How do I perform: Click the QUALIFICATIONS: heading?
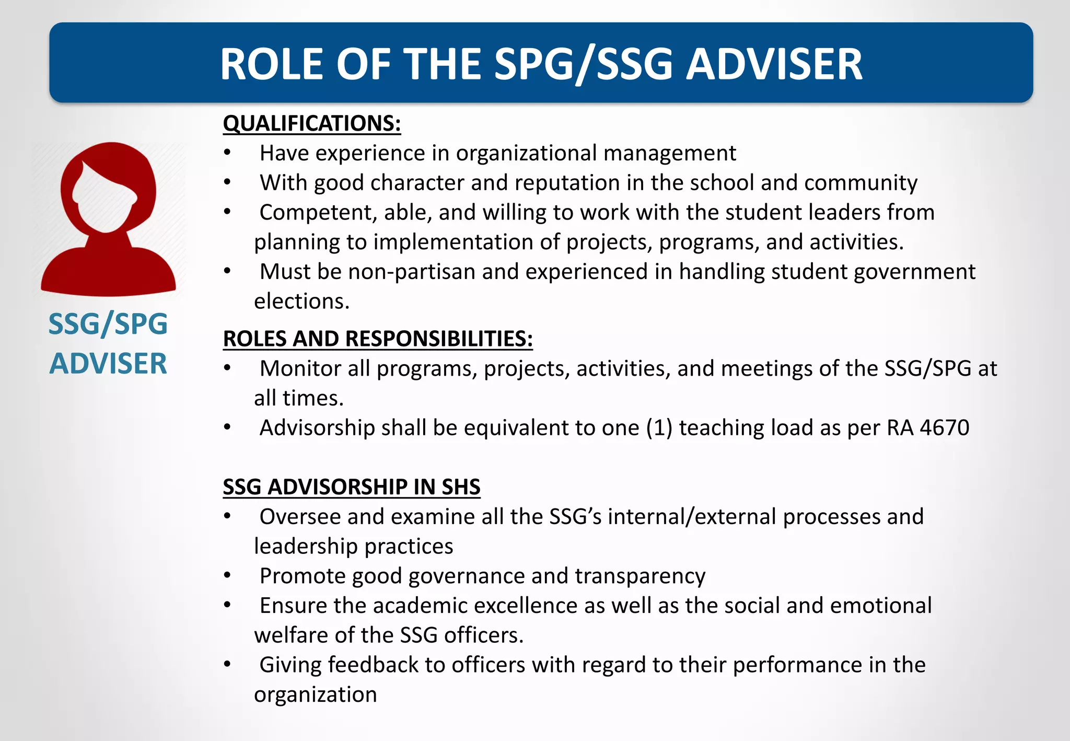311,124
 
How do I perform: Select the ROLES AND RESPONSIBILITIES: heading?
377,339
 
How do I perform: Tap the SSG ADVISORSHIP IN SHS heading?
351,487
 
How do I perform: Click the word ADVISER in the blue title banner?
774,64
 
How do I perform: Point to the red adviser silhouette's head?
108,188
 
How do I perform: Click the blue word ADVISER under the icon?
108,364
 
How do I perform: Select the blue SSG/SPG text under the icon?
108,324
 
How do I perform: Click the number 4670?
944,428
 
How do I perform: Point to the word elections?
301,302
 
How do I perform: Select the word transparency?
640,576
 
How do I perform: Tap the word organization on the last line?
315,694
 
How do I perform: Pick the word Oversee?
300,517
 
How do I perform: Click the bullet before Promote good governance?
227,576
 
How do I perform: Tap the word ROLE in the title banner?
271,64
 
